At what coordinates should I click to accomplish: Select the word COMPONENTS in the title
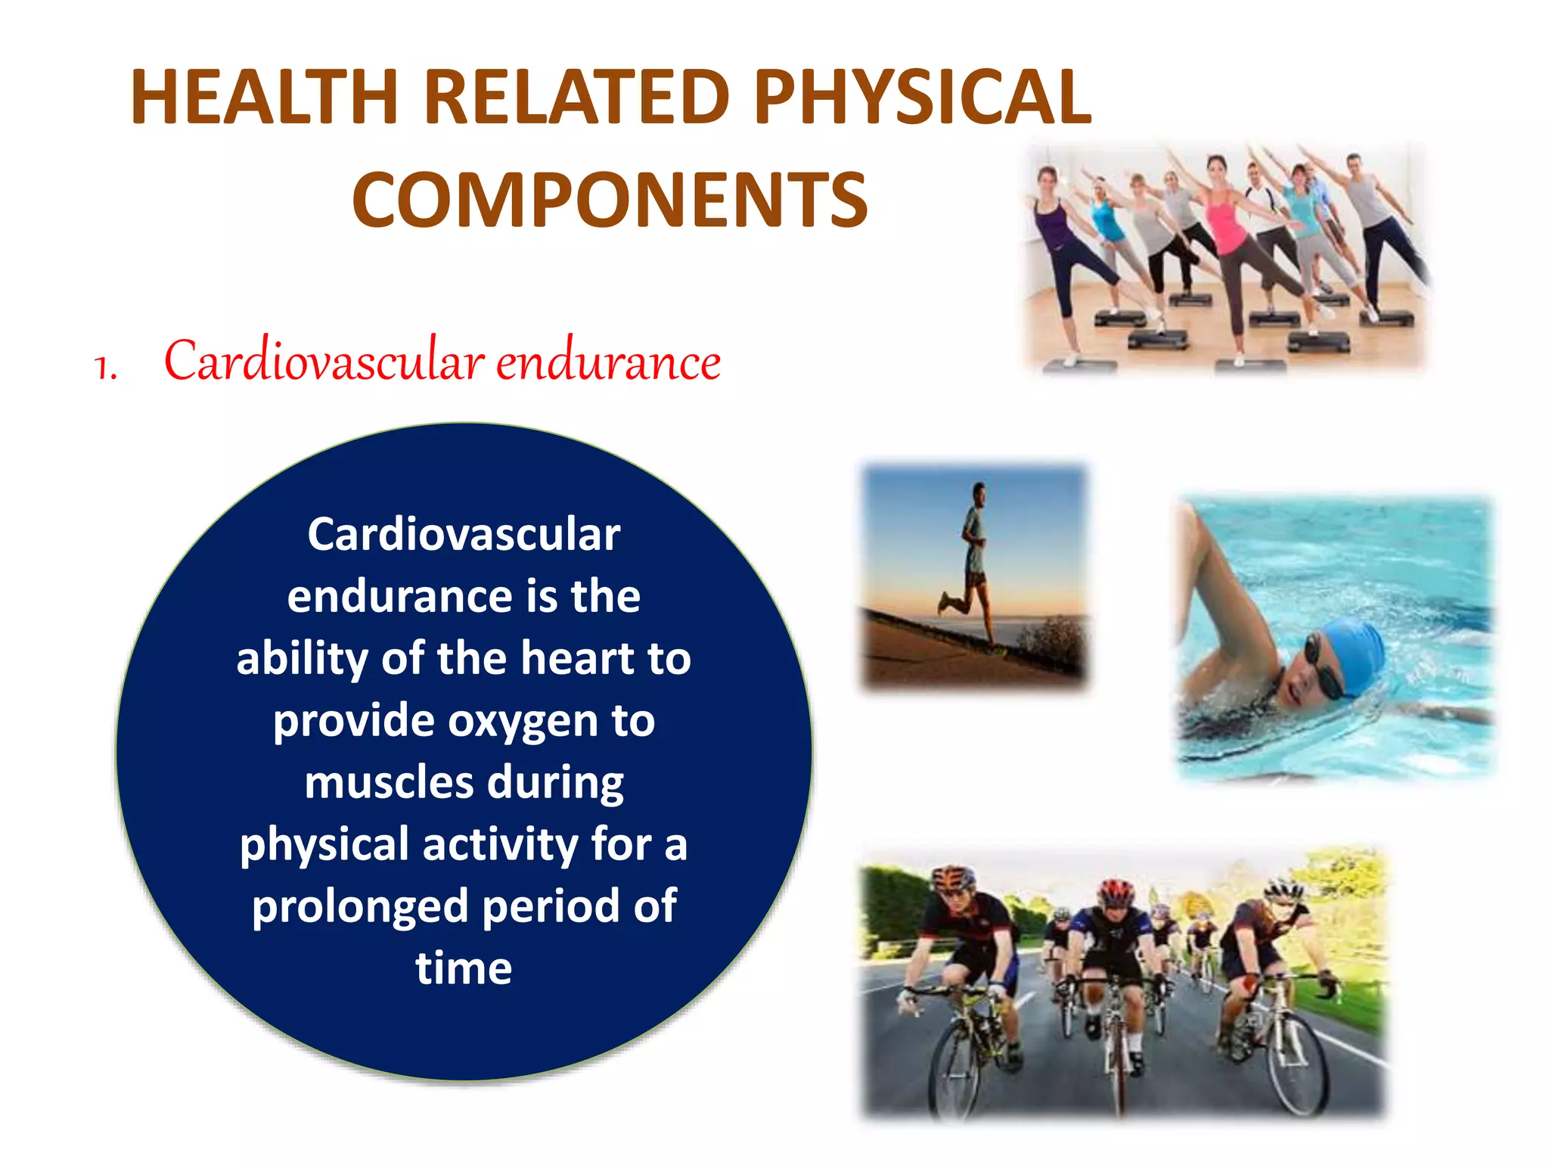click(610, 200)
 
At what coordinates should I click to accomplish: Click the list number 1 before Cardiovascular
click(105, 367)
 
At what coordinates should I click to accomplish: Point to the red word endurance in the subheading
click(608, 362)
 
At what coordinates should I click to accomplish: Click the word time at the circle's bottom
click(464, 968)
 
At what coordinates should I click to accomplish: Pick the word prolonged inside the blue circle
click(360, 907)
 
